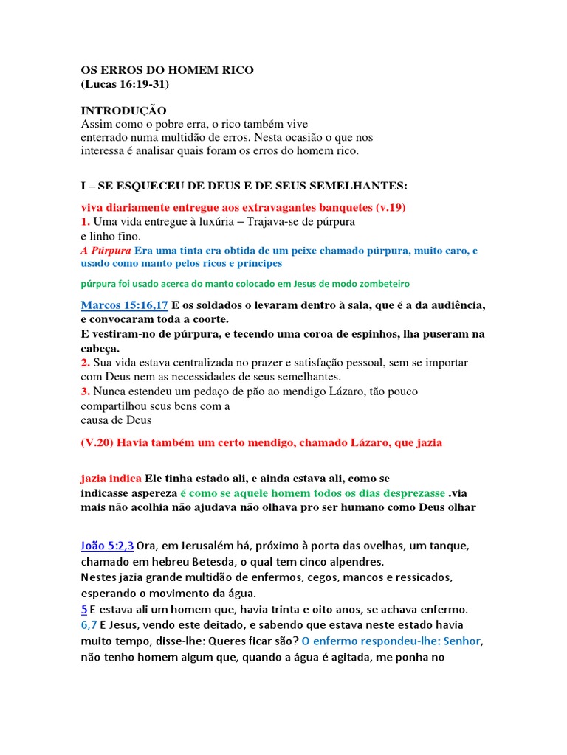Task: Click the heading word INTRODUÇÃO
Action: pyautogui.click(x=123, y=111)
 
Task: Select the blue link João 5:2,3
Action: pyautogui.click(x=107, y=546)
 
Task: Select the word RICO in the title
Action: pyautogui.click(x=234, y=70)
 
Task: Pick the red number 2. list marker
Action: pyautogui.click(x=86, y=363)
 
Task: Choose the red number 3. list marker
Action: pyautogui.click(x=86, y=392)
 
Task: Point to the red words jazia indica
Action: pyautogui.click(x=111, y=478)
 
